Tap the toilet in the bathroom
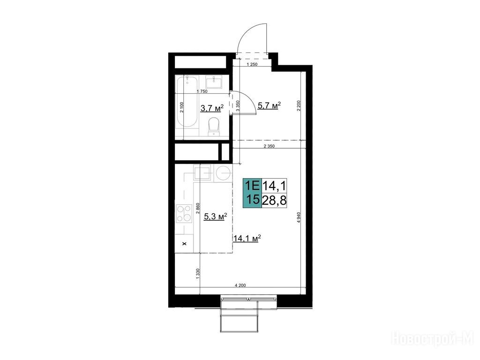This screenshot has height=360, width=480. pos(214,127)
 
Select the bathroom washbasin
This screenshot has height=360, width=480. pos(213,82)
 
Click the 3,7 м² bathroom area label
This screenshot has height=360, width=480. pos(212,108)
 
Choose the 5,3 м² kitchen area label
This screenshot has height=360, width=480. pos(215,217)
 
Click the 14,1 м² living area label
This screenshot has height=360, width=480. pos(247,238)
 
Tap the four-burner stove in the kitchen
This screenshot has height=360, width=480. pos(184,213)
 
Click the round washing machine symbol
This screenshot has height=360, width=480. pos(224,173)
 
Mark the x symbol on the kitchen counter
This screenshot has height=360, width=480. pos(184,244)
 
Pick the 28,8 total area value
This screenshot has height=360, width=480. pos(274,201)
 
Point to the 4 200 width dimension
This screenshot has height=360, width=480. pos(240,285)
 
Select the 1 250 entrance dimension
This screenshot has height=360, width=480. pos(252,64)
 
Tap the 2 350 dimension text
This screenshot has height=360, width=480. pos(269,146)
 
